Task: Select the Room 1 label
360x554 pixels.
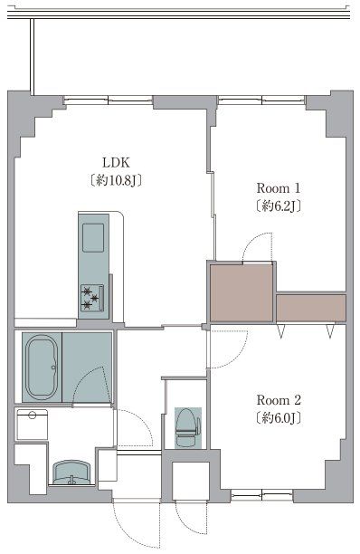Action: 279,187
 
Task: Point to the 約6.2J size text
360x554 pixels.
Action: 279,206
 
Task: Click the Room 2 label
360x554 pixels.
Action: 279,400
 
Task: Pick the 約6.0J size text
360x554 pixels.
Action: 279,418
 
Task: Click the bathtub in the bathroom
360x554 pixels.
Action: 42,368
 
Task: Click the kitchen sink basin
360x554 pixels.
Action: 93,238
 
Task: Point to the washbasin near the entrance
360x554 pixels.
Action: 72,473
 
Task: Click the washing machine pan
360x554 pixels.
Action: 33,425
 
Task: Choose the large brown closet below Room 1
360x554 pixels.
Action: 242,293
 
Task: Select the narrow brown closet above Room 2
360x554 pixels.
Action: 311,308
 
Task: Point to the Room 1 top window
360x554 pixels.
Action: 261,100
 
